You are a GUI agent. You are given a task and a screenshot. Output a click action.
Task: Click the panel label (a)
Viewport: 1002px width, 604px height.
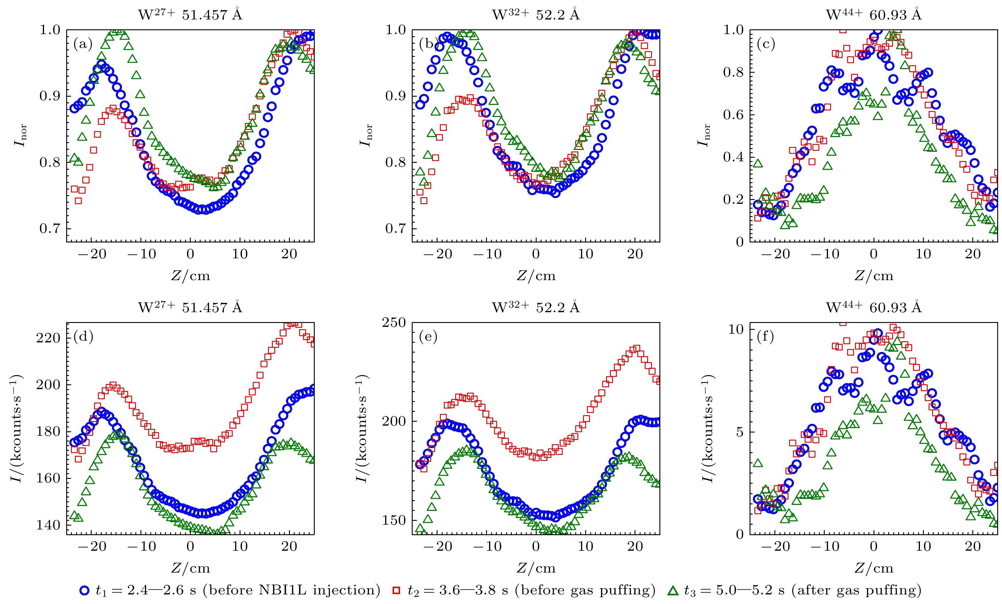tap(83, 43)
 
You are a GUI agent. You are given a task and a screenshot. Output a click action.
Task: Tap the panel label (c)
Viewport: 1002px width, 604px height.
tap(766, 43)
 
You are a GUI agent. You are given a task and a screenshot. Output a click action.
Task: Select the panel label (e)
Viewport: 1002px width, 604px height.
tap(428, 336)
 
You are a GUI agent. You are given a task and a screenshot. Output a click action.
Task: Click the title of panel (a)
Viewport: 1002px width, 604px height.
tap(190, 15)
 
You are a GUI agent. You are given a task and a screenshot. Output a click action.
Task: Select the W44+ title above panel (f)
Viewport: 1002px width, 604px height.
tap(874, 307)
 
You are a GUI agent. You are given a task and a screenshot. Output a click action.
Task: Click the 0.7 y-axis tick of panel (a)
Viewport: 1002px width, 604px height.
tap(50, 228)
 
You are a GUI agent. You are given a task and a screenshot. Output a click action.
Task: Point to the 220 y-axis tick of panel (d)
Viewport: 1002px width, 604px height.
tap(48, 338)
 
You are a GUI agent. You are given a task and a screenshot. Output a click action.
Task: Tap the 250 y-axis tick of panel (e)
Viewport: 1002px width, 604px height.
tap(393, 323)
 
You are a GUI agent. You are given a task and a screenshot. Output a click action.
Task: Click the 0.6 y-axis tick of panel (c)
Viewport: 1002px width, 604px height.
tap(733, 115)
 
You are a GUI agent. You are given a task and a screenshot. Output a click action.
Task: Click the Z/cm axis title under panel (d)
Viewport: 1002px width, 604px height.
tap(190, 568)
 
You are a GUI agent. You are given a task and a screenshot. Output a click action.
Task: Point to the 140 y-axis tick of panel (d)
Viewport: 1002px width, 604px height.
tap(48, 525)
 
